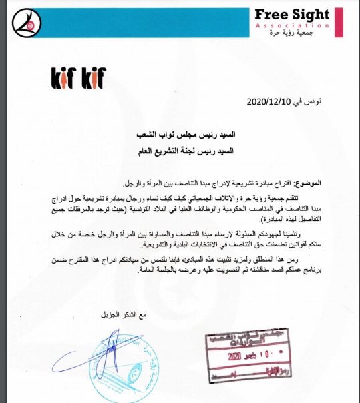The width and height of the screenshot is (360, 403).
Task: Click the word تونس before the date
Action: [x=310, y=103]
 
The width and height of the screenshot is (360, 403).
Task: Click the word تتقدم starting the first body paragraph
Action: [x=312, y=198]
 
